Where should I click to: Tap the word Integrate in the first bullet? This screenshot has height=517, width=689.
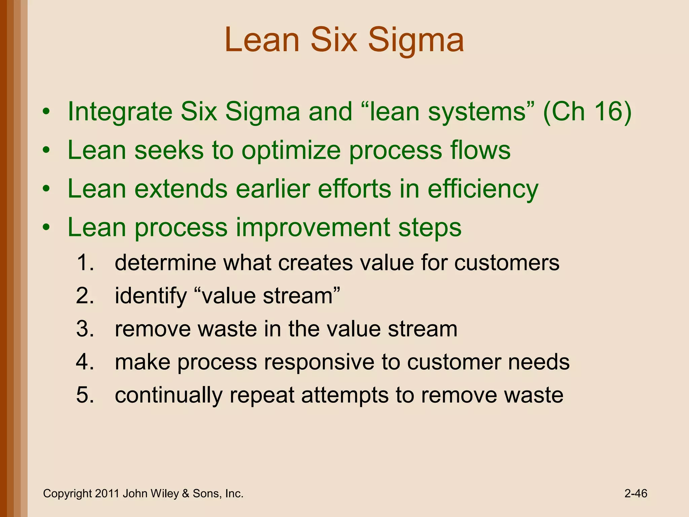click(x=119, y=112)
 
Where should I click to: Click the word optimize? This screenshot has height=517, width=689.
click(x=291, y=150)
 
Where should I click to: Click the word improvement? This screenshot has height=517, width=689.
click(x=313, y=228)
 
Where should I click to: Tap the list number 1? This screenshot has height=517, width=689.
click(x=84, y=263)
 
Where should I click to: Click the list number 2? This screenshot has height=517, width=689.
click(x=84, y=296)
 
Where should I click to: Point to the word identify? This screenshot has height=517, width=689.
click(x=150, y=296)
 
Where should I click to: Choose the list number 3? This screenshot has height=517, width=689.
click(x=84, y=329)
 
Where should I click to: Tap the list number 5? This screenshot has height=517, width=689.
click(x=84, y=395)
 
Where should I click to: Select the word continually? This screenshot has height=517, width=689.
click(x=168, y=395)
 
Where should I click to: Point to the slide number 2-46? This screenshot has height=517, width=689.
click(x=636, y=493)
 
